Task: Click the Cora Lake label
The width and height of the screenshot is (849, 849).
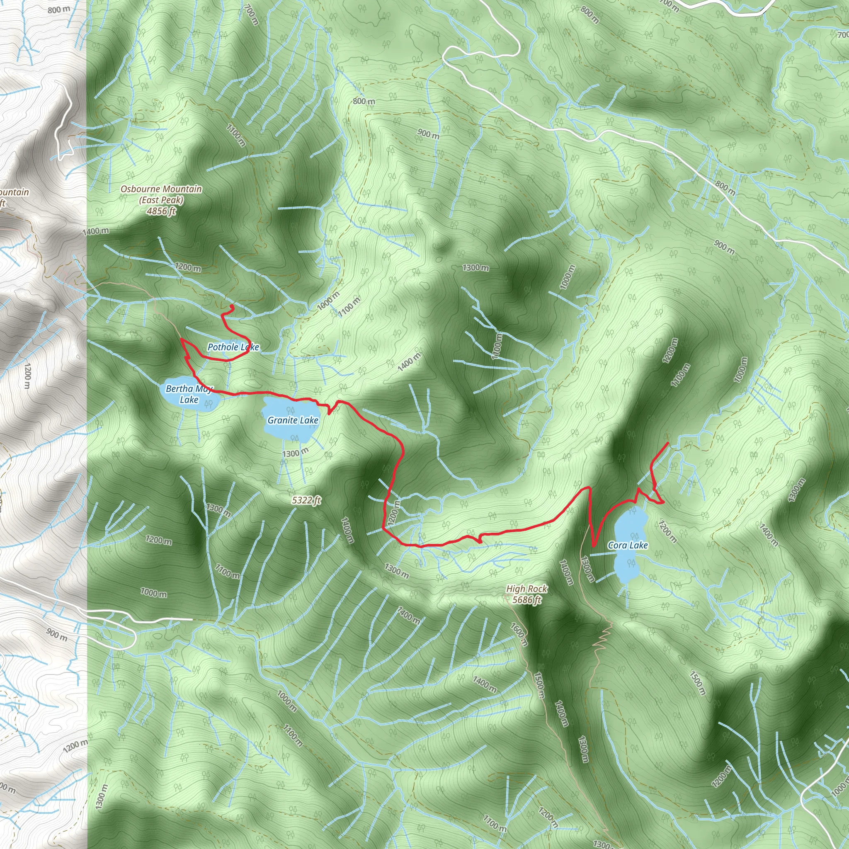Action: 628,546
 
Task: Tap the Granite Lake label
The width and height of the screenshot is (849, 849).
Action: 293,420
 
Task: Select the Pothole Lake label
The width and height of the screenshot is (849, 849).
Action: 233,347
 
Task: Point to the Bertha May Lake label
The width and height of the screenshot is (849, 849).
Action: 189,394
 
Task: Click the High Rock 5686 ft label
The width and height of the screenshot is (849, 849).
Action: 526,594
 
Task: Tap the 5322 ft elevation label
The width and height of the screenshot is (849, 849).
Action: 306,500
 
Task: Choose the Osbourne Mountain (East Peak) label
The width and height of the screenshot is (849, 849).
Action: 161,194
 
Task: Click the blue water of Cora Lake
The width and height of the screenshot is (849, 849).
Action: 628,567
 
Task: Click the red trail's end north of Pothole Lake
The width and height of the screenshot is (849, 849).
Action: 232,306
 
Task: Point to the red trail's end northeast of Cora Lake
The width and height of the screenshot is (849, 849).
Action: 668,443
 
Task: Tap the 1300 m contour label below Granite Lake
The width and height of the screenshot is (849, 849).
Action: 295,453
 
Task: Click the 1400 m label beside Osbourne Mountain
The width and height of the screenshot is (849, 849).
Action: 95,231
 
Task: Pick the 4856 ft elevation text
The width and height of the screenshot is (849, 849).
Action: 161,211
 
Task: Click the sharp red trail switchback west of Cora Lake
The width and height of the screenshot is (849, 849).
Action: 593,547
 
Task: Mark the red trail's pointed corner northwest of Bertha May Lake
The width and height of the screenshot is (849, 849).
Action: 182,339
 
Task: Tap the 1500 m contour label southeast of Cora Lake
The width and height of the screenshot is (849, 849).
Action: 697,683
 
